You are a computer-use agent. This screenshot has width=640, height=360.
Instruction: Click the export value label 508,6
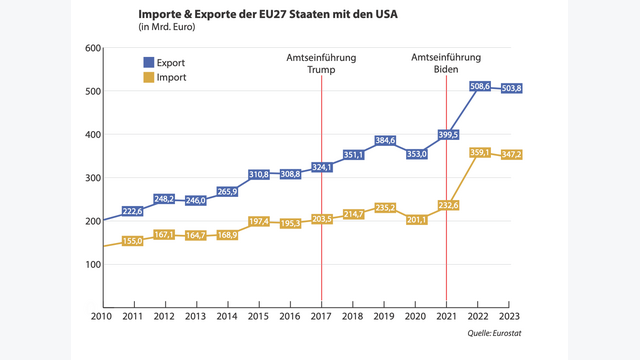pos(479,87)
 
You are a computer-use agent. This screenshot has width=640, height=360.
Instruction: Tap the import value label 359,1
pos(479,152)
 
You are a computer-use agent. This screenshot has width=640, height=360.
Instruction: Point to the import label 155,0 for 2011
pos(132,241)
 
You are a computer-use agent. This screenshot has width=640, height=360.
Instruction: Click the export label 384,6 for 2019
pos(385,141)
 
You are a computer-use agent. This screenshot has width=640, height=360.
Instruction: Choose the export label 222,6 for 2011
pos(132,211)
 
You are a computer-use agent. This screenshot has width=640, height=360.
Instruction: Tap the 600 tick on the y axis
pos(92,48)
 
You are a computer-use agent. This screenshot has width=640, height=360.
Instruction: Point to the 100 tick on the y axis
pos(92,264)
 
